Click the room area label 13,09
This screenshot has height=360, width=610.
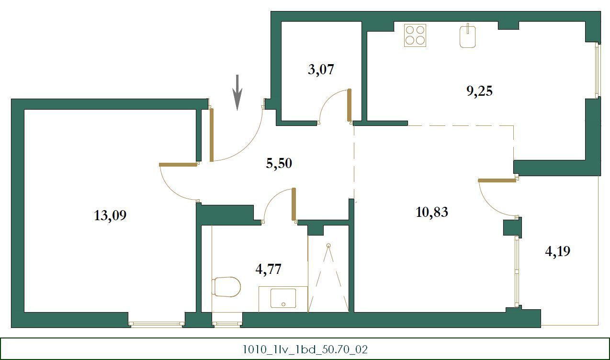[110, 215]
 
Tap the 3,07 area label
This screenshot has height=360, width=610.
[320, 70]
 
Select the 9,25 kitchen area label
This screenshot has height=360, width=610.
[479, 91]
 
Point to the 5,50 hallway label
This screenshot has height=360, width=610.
[279, 164]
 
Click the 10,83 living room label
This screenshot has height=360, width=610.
[432, 212]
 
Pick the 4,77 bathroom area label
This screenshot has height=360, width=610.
[268, 269]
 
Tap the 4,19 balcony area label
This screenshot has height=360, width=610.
[557, 251]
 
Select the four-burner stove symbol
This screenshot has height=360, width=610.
[415, 35]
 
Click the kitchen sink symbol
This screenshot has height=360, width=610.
[468, 36]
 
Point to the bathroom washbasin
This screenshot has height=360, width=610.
[283, 298]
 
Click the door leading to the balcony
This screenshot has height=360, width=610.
[497, 180]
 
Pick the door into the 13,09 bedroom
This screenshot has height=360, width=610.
[178, 165]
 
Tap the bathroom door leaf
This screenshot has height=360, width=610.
[294, 204]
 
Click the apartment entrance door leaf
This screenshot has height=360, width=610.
[212, 135]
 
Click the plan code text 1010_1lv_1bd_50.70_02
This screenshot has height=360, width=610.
[305, 349]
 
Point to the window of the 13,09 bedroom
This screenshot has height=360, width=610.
[157, 324]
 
